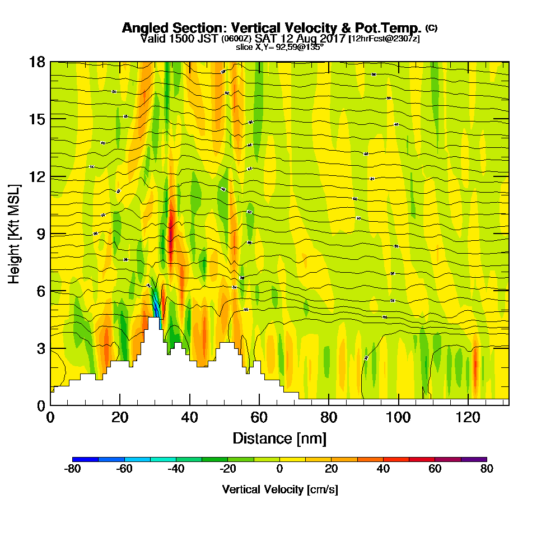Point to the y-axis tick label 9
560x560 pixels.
click(x=40, y=234)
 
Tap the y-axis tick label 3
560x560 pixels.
click(x=40, y=348)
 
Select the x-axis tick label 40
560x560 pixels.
click(x=190, y=417)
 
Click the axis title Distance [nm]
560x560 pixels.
click(x=279, y=438)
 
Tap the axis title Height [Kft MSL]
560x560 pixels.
click(x=14, y=234)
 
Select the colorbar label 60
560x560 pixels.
click(x=435, y=469)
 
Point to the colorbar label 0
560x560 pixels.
click(x=279, y=469)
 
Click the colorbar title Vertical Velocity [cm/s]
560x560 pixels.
click(x=279, y=489)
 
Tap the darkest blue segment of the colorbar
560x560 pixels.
click(x=85, y=459)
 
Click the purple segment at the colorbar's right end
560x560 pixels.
click(x=474, y=459)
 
